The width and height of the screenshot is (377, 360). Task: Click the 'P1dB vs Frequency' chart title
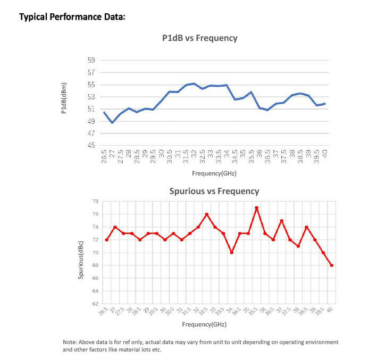coord(199,38)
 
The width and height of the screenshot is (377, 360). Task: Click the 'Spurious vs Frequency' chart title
coord(214,191)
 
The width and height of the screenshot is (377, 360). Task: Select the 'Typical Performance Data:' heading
coord(72,17)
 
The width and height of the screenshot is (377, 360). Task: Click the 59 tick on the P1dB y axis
coord(91,61)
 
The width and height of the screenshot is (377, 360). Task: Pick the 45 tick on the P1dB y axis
coord(91,146)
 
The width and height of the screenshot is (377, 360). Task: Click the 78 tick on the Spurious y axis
coord(95,202)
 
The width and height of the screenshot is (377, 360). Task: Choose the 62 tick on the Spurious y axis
coord(95,304)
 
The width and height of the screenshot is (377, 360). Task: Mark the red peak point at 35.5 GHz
coord(256,208)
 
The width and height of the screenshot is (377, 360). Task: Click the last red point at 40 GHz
coord(331,265)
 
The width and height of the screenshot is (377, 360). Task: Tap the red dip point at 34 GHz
coord(231,253)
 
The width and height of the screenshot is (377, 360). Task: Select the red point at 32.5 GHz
coord(206,214)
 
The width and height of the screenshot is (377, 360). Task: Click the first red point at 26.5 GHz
coord(106,240)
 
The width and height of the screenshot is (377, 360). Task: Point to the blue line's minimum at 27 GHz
coord(112,123)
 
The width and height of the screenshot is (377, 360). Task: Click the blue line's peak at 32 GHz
coord(194,83)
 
